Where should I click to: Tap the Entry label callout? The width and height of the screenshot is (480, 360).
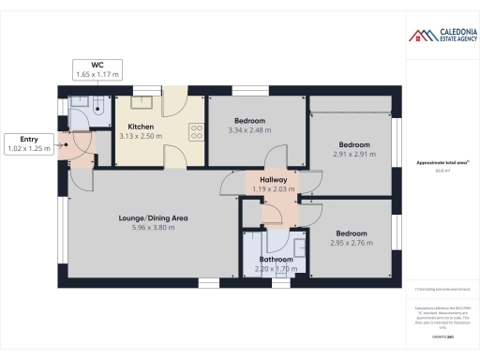pos(27,143)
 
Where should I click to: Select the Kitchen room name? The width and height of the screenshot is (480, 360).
pos(141,126)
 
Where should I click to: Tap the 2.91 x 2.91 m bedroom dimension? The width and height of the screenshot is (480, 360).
pos(353,155)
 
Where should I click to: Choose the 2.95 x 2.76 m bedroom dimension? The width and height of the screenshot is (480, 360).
pos(352,243)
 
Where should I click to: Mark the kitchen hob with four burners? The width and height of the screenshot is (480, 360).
pos(198,133)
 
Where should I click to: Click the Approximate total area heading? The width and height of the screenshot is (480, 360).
pos(438,162)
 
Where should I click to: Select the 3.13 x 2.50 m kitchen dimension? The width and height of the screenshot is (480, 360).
pos(141,136)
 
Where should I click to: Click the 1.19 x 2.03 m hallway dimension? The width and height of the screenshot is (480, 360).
pos(273,188)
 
